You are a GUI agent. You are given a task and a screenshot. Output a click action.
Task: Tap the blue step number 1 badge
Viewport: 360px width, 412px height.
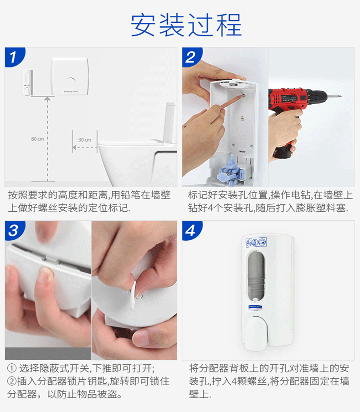pyautogui.click(x=14, y=57)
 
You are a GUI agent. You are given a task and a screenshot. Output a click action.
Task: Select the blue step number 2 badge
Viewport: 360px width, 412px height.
pyautogui.click(x=191, y=57)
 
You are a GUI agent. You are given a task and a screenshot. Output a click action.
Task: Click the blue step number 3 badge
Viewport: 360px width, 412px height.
pyautogui.click(x=14, y=230)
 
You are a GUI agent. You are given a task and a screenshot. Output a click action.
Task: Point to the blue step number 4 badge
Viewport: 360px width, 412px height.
pyautogui.click(x=191, y=230)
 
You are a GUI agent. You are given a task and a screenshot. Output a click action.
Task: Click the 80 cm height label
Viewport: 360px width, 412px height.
pyautogui.click(x=37, y=139)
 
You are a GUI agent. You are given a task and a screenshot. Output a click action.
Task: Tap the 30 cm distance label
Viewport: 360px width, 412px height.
pyautogui.click(x=84, y=140)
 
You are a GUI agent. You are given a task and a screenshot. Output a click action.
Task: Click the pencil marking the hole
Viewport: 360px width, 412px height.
pyautogui.click(x=223, y=107)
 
